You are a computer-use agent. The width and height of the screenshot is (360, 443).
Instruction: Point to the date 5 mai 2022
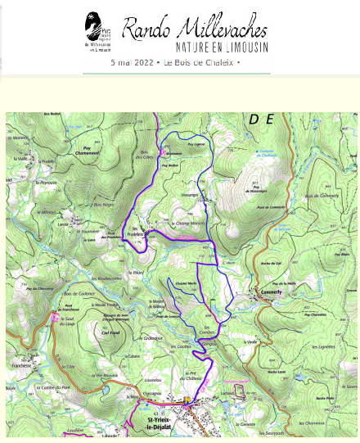coord(134,62)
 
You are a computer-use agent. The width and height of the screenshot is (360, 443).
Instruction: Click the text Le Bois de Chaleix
coord(200,62)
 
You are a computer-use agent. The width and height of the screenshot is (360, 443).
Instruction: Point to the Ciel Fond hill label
coord(110,332)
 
